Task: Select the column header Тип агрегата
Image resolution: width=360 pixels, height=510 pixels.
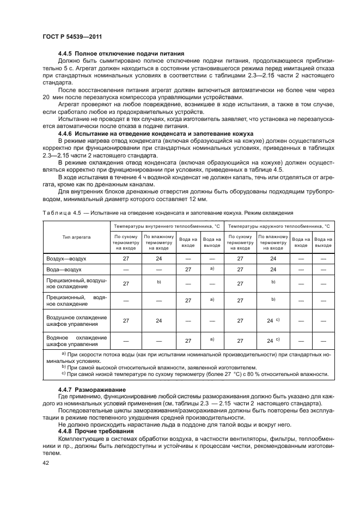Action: [76, 238]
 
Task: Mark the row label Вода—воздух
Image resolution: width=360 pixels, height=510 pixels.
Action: [64, 269]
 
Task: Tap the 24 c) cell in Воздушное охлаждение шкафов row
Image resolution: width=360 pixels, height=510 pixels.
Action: [273, 320]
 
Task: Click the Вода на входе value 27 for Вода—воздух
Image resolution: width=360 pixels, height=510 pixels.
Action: [188, 269]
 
